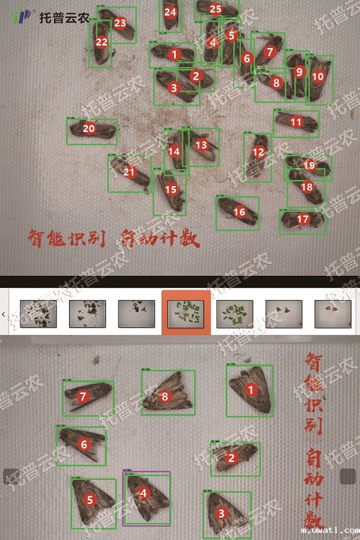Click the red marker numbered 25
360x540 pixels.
(215, 9)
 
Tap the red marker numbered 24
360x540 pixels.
(170, 12)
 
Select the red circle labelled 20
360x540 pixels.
(89, 128)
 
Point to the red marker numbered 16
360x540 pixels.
(239, 212)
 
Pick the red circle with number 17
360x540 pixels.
(303, 220)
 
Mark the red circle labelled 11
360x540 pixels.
(296, 122)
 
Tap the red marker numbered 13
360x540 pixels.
(201, 145)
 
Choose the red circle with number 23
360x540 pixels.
(120, 23)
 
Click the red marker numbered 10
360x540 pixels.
(318, 76)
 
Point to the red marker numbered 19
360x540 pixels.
(309, 165)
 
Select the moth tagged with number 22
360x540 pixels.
(100, 45)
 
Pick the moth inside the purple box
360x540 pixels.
(146, 498)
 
